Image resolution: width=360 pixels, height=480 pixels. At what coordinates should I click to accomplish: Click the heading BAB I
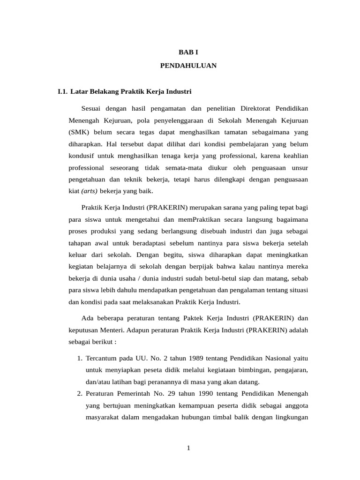188,53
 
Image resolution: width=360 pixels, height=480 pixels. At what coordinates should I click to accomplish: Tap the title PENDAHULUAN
188,66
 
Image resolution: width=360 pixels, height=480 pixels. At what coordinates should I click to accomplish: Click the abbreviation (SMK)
78,132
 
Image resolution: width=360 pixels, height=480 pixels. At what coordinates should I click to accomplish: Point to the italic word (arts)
90,191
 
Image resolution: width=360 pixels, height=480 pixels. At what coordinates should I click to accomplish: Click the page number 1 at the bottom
188,448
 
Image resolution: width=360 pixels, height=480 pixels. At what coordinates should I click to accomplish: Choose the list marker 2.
80,393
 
